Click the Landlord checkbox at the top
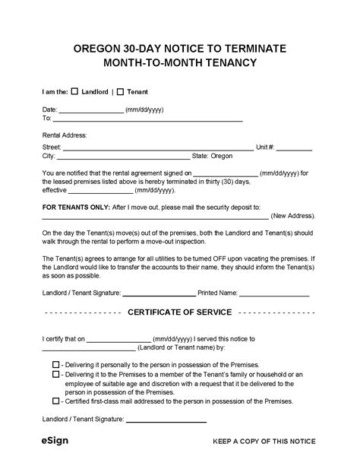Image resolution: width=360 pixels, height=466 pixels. point(74,91)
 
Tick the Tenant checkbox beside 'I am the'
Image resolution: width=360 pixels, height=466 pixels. point(121,91)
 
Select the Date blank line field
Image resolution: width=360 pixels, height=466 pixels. point(91,112)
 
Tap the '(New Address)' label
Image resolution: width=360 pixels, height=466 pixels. point(293,215)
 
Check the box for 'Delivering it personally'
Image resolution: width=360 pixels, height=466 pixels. point(56,365)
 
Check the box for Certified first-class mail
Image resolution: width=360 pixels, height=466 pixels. point(56,401)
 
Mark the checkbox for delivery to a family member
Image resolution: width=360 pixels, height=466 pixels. point(56,374)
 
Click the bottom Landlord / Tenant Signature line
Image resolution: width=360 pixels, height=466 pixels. point(166,420)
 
